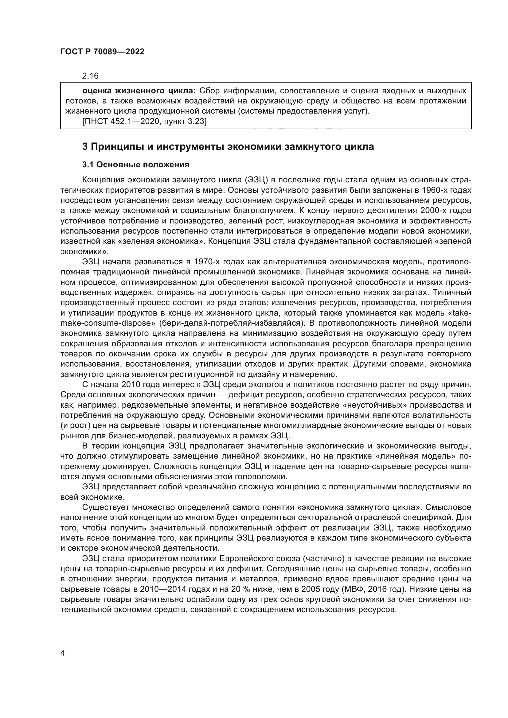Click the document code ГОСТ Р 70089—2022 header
[102, 52]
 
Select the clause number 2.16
[90, 76]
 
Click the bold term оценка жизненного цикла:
[139, 91]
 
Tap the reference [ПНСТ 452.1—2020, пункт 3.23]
[144, 122]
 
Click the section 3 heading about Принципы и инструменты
[228, 146]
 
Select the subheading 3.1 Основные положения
[136, 165]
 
